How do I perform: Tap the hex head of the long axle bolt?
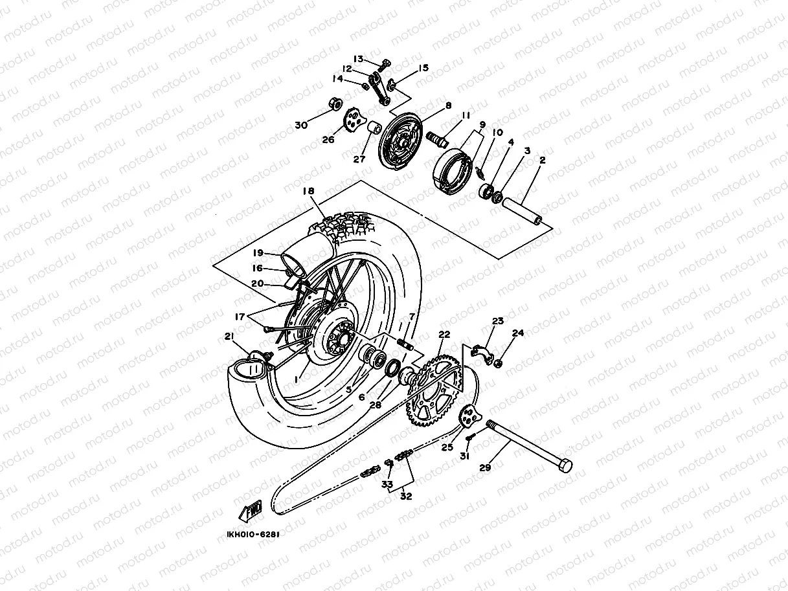tap(565, 465)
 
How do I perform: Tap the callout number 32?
tap(406, 496)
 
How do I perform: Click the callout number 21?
tap(228, 336)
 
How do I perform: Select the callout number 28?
tap(376, 406)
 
